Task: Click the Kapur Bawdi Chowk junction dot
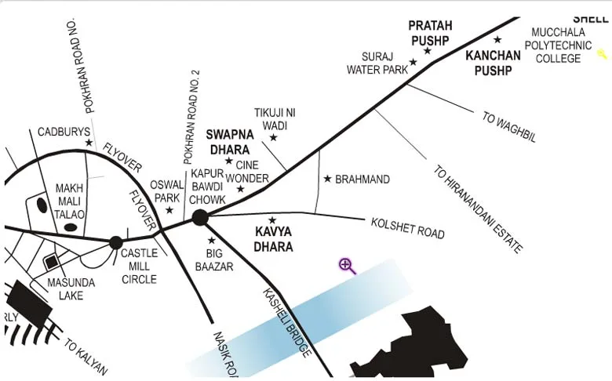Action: point(200,218)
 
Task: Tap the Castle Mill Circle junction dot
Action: point(115,242)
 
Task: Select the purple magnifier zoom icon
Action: point(347,265)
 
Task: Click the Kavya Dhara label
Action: point(274,239)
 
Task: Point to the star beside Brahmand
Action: point(327,179)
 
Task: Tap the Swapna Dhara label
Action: point(228,141)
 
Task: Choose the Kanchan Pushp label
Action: point(493,63)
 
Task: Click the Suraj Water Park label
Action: point(378,63)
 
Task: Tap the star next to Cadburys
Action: point(89,143)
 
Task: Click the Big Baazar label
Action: point(220,260)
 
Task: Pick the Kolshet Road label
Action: point(407,228)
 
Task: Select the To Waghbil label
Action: point(509,128)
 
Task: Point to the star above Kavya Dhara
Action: point(272,220)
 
